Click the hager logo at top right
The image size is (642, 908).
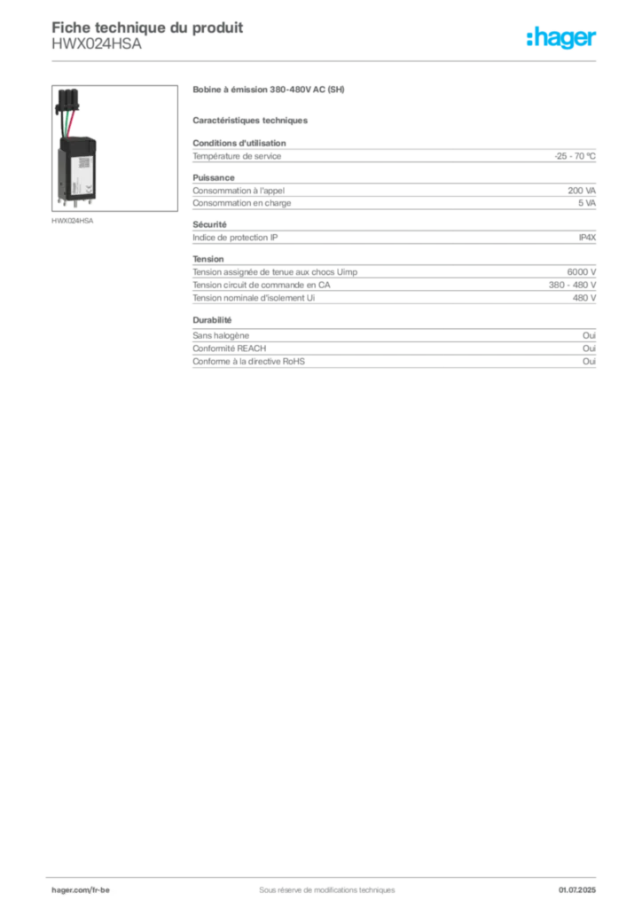click(x=561, y=37)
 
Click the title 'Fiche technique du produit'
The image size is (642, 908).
click(x=147, y=27)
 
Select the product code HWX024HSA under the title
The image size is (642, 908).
click(x=96, y=44)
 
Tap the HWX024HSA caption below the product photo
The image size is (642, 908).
click(x=73, y=221)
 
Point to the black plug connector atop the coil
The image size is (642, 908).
click(x=67, y=99)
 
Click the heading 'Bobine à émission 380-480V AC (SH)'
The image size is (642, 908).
click(x=269, y=90)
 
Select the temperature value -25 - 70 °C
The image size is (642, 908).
click(x=575, y=156)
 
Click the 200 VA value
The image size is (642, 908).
click(x=582, y=191)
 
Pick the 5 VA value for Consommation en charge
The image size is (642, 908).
click(x=587, y=203)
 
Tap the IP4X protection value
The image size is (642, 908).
click(x=587, y=238)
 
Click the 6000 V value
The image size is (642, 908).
click(x=581, y=272)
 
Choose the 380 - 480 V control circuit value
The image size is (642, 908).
click(x=572, y=285)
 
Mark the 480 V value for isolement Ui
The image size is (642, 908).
click(x=584, y=298)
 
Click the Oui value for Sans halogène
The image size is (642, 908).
click(x=589, y=335)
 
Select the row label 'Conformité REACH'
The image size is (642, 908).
click(x=230, y=348)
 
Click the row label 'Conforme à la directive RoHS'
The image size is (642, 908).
click(x=248, y=362)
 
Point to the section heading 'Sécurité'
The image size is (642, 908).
click(x=209, y=224)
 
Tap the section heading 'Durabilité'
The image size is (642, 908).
click(x=212, y=320)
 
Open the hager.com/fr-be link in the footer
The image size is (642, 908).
click(x=81, y=890)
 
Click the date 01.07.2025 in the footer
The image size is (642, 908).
click(x=577, y=890)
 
